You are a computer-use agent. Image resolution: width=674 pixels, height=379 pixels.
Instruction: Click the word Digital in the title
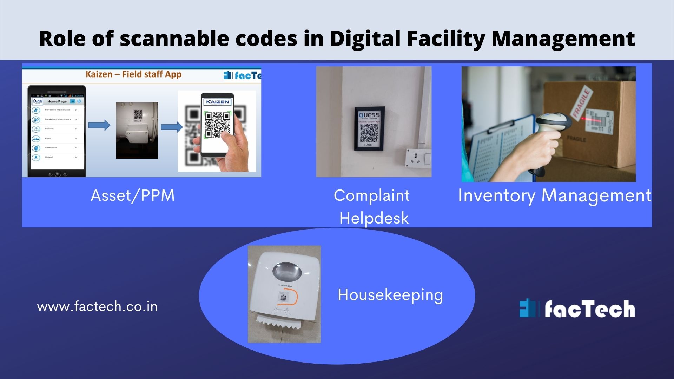pos(365,39)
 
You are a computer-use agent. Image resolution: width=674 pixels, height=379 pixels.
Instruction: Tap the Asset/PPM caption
pos(133,196)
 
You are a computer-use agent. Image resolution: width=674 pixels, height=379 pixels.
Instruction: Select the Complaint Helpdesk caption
pos(372,207)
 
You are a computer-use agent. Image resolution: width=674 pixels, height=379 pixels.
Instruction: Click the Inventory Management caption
pos(555,196)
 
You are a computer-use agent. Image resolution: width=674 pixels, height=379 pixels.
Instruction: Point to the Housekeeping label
pos(390,295)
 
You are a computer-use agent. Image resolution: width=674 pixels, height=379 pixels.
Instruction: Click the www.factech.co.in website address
pos(97,307)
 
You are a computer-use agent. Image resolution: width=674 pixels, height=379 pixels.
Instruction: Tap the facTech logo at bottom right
pos(577,309)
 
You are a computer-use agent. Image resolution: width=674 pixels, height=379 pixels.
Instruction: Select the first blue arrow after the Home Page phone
pos(99,125)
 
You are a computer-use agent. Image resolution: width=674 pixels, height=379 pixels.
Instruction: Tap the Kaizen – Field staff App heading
pos(133,74)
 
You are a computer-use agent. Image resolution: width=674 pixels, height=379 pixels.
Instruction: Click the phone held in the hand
pos(217,125)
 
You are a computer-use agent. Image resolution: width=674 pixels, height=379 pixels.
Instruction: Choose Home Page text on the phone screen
pos(57,101)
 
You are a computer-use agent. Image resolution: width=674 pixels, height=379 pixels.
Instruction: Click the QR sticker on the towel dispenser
pos(283,298)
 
